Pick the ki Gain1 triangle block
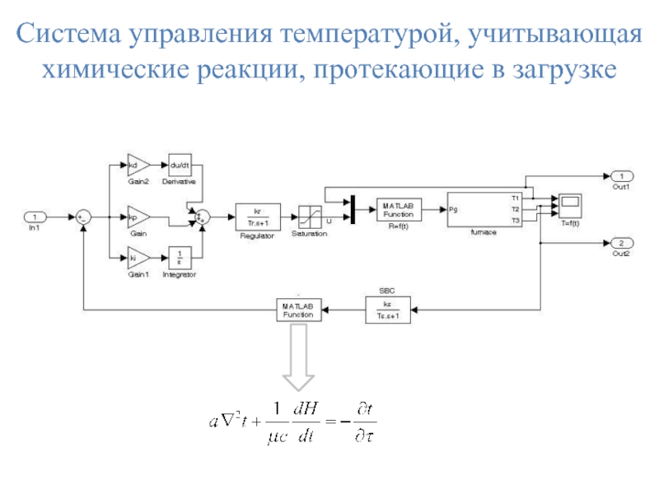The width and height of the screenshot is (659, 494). [x=137, y=259]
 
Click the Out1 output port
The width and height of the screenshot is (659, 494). [x=621, y=175]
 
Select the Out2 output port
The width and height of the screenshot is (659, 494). [x=621, y=242]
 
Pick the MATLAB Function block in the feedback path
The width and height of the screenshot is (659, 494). [x=297, y=310]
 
